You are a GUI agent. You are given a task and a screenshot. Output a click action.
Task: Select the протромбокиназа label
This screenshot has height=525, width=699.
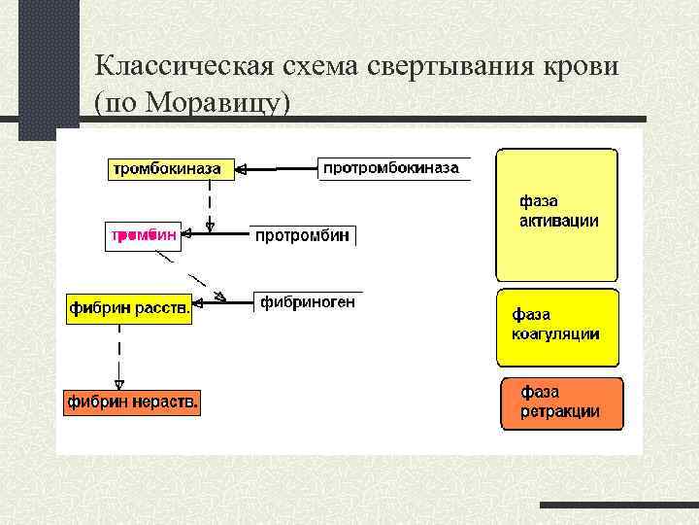pyautogui.click(x=391, y=168)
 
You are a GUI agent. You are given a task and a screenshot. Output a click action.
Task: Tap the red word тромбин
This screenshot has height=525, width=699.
pyautogui.click(x=142, y=235)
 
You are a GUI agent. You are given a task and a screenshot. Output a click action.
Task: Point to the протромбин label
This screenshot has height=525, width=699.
pyautogui.click(x=302, y=236)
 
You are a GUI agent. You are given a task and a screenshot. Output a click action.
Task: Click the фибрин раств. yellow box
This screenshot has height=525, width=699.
pyautogui.click(x=129, y=309)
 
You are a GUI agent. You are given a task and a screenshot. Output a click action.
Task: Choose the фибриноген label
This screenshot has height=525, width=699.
pyautogui.click(x=308, y=302)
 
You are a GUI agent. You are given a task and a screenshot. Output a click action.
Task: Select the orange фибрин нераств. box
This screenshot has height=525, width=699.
pyautogui.click(x=132, y=402)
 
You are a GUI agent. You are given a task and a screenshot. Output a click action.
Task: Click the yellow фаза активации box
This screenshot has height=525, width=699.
pyautogui.click(x=556, y=214)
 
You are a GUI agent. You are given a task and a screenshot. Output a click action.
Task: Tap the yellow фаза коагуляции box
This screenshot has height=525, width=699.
pyautogui.click(x=556, y=326)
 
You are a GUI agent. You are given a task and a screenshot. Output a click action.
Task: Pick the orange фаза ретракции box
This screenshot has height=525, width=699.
pyautogui.click(x=561, y=402)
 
